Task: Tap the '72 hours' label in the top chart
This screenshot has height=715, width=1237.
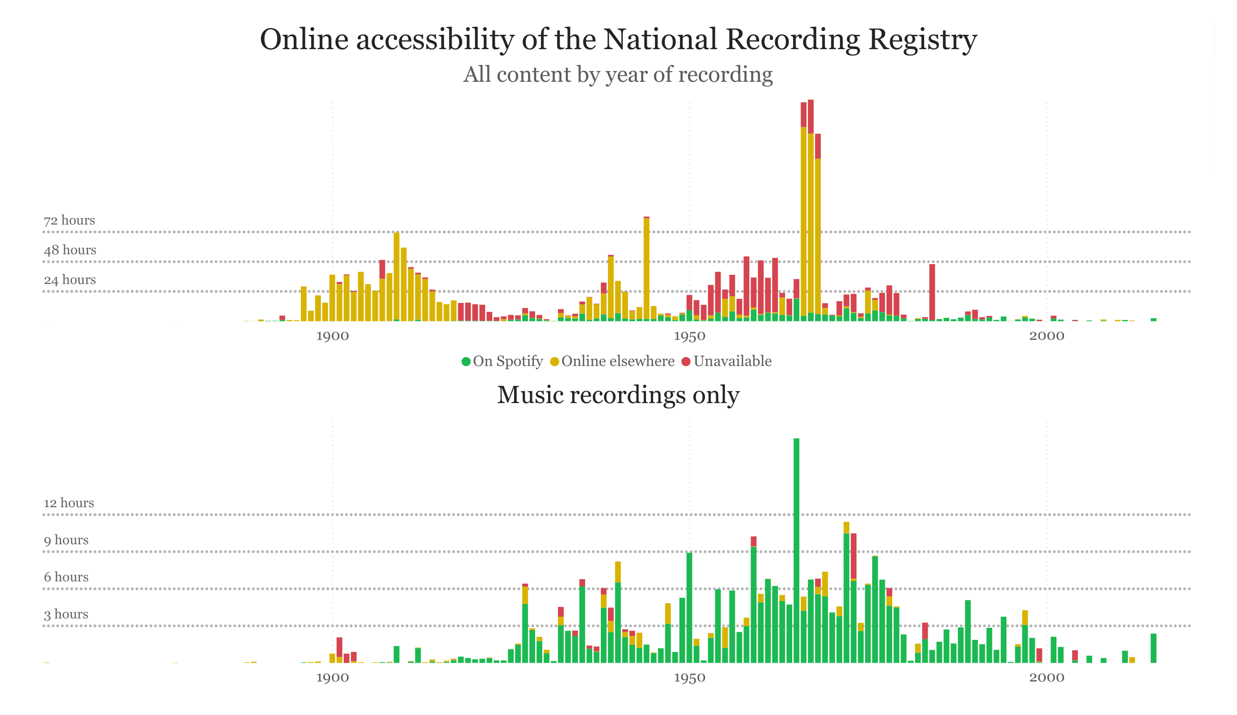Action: [x=69, y=220]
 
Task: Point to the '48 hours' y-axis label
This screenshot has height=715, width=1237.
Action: [x=70, y=250]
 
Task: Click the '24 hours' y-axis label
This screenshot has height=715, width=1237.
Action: [x=70, y=280]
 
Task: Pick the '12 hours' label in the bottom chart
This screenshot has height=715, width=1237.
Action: [x=69, y=503]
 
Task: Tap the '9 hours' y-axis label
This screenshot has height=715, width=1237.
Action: [x=66, y=540]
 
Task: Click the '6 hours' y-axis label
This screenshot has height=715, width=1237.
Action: [x=66, y=577]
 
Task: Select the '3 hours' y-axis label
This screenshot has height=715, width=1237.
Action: [x=66, y=614]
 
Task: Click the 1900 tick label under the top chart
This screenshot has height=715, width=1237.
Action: [x=332, y=336]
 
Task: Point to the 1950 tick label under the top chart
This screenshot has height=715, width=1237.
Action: [x=689, y=336]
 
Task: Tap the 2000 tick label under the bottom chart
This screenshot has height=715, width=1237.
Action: [x=1047, y=678]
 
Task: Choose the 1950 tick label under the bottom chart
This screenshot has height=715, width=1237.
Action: [x=689, y=678]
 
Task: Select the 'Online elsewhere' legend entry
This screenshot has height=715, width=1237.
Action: [x=612, y=361]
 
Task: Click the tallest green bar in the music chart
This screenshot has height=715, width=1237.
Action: [x=796, y=550]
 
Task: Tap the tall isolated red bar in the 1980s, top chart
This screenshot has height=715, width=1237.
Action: [x=932, y=292]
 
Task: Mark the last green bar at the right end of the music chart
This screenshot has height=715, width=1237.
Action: [x=1153, y=648]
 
